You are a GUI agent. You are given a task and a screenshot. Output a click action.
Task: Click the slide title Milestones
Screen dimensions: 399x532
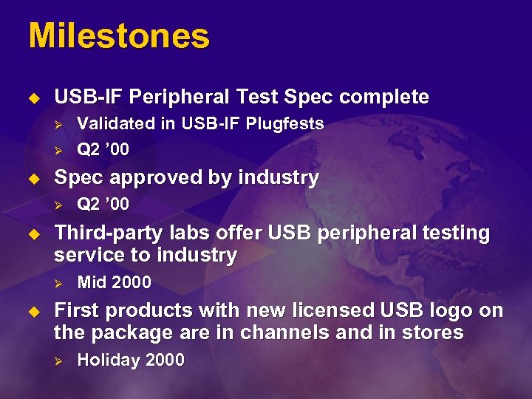pyautogui.click(x=119, y=36)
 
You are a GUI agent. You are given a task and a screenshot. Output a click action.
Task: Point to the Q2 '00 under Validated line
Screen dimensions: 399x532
pyautogui.click(x=103, y=150)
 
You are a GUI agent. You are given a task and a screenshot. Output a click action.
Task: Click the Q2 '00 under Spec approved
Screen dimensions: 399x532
pyautogui.click(x=103, y=204)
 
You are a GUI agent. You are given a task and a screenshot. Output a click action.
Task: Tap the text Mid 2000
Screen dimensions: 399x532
pyautogui.click(x=114, y=282)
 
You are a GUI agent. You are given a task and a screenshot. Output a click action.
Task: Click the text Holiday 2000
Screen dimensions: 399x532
pyautogui.click(x=131, y=361)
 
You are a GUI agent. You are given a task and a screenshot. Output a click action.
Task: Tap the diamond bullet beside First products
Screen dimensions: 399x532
pyautogui.click(x=33, y=311)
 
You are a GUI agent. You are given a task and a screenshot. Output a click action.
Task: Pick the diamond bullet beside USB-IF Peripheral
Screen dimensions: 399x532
pyautogui.click(x=33, y=98)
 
